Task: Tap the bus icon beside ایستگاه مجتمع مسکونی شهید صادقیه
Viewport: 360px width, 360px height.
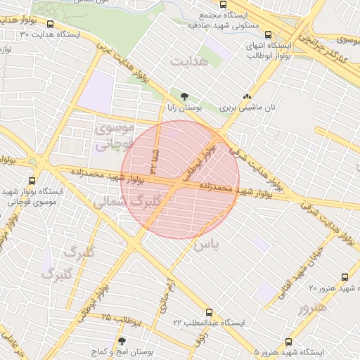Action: click(267, 33)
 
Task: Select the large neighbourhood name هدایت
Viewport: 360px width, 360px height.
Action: click(188, 63)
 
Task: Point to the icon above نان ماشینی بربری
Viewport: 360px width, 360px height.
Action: click(246, 98)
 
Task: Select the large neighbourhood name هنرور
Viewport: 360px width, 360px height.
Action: click(312, 306)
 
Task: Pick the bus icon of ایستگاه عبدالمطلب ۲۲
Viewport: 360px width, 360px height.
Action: click(208, 311)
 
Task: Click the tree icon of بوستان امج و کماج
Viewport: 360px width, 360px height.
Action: click(121, 341)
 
